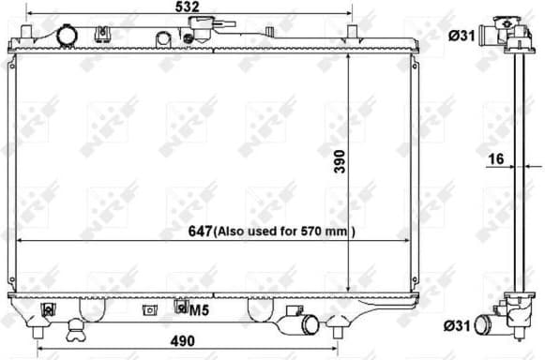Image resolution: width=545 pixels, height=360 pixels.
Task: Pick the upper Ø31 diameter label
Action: click(x=460, y=37)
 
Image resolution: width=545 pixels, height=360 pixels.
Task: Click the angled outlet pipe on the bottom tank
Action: click(x=308, y=326)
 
